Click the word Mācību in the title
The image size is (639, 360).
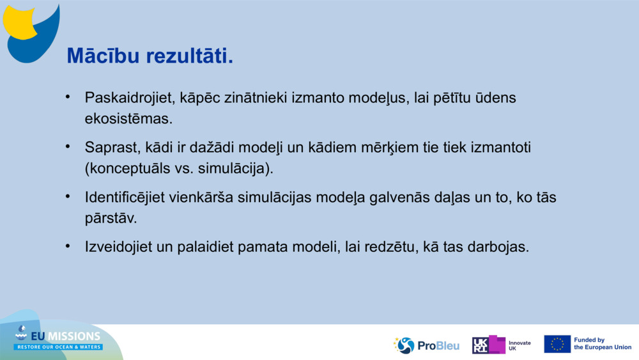click(103, 56)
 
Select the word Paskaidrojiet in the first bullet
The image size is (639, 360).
click(130, 98)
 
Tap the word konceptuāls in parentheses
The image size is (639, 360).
click(128, 168)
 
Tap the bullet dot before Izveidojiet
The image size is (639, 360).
click(68, 246)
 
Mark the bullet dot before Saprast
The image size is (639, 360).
click(68, 146)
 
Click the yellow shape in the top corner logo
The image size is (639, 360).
click(19, 22)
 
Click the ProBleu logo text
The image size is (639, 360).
click(438, 346)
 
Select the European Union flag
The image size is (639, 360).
click(557, 344)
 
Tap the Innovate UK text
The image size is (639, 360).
click(520, 346)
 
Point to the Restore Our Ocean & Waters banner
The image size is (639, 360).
click(58, 347)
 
